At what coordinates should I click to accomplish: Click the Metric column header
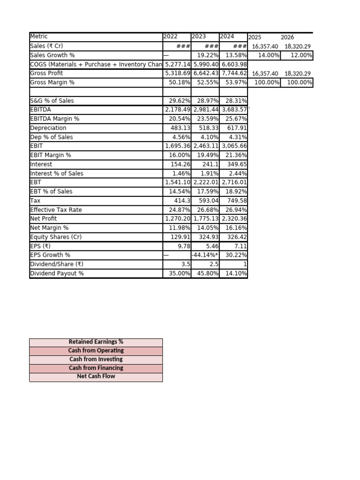39,37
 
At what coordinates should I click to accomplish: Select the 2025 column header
255,37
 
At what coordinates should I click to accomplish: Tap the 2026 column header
287,37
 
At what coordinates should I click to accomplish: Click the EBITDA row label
40,110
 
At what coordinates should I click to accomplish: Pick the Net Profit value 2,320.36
234,218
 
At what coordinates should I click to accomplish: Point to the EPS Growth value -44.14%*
205,255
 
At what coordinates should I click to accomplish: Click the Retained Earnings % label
96,342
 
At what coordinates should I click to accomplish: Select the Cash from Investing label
96,360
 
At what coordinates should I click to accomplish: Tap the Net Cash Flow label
96,376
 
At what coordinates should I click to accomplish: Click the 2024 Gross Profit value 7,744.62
234,73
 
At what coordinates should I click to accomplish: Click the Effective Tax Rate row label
56,210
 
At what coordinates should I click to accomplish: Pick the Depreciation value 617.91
237,128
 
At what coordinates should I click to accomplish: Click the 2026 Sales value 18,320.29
298,46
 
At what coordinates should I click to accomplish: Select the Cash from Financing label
96,368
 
